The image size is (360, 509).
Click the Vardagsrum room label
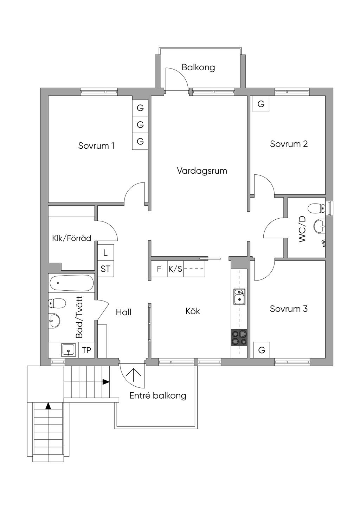[202, 171]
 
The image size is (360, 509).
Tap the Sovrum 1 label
[96, 146]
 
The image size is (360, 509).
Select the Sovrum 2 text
[289, 144]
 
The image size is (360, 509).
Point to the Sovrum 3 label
[289, 309]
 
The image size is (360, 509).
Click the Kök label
[193, 311]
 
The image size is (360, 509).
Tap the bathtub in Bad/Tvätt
[71, 283]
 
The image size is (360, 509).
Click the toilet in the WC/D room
[317, 208]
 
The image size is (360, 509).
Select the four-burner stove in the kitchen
[239, 337]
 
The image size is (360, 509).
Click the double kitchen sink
[239, 296]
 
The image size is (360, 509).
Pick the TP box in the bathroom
[86, 350]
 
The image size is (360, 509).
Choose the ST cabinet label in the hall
[105, 269]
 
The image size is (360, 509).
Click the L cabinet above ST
[105, 253]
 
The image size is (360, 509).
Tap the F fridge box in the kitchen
[159, 269]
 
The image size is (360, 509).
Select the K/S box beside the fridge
[175, 269]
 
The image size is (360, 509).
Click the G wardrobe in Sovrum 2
[261, 104]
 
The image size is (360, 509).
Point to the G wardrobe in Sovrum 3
[262, 350]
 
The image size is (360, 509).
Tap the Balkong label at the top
[198, 67]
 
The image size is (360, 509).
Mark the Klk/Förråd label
[72, 238]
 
